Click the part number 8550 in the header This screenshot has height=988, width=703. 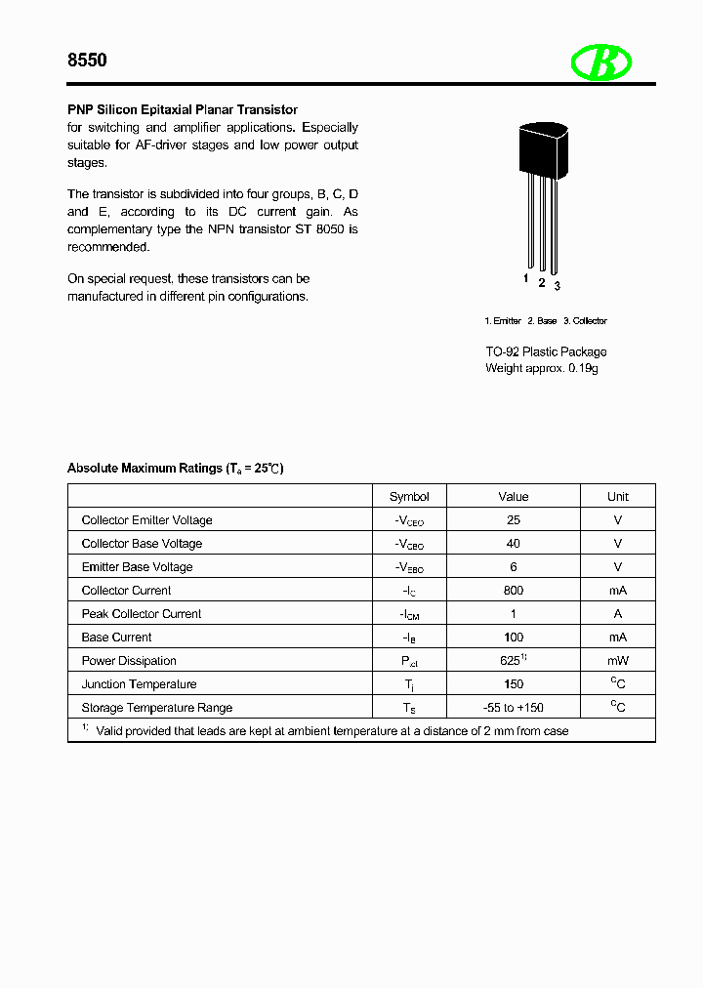pyautogui.click(x=87, y=61)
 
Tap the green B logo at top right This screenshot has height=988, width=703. pyautogui.click(x=601, y=63)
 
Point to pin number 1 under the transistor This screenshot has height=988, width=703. pyautogui.click(x=526, y=279)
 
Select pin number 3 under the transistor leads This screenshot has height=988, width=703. pyautogui.click(x=557, y=286)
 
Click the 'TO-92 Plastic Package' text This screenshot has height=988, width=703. pyautogui.click(x=546, y=351)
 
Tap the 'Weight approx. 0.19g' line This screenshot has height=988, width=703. pyautogui.click(x=542, y=368)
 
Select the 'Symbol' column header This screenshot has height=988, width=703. pyautogui.click(x=409, y=496)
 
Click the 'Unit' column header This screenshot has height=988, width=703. pyautogui.click(x=617, y=496)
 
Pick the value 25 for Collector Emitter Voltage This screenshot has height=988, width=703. pyautogui.click(x=514, y=520)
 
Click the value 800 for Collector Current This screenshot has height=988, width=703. pyautogui.click(x=514, y=591)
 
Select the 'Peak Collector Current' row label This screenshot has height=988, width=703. pyautogui.click(x=142, y=614)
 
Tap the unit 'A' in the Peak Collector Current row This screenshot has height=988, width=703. pyautogui.click(x=617, y=614)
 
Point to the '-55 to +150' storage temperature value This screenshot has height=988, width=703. pyautogui.click(x=514, y=708)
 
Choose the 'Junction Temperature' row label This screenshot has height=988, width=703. pyautogui.click(x=139, y=684)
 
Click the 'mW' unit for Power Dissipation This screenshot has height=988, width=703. pyautogui.click(x=617, y=661)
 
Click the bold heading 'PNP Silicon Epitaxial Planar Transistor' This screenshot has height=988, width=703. pyautogui.click(x=183, y=109)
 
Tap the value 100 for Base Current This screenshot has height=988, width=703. pyautogui.click(x=514, y=638)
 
